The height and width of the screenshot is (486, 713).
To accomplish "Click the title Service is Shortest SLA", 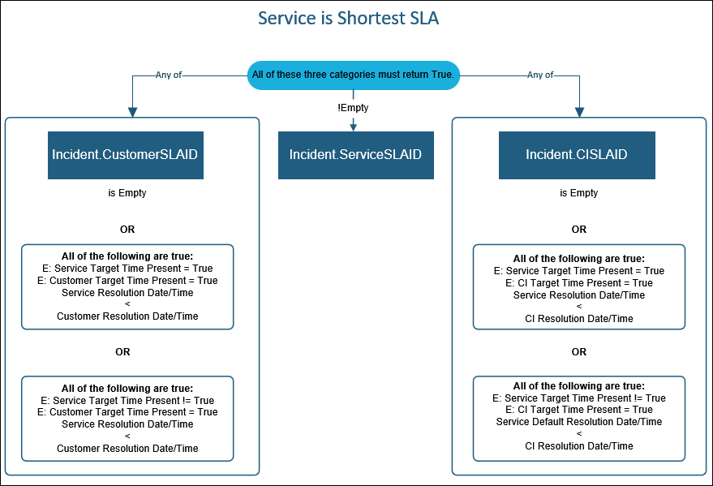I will [348, 18].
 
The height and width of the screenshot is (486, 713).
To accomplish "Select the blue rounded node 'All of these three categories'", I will [353, 75].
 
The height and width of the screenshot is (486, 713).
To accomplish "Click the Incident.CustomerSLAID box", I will [125, 154].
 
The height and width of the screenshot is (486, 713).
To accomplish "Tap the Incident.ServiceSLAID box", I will [355, 154].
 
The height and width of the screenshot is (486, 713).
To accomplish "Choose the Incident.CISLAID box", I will [577, 154].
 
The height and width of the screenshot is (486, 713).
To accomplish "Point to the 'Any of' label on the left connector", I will [169, 75].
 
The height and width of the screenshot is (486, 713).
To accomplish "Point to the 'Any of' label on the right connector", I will [540, 75].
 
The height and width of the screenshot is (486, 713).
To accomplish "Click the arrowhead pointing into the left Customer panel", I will [133, 111].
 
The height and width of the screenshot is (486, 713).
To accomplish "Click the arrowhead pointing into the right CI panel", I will [579, 111].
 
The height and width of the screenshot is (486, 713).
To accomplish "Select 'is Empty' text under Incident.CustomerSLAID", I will [127, 193].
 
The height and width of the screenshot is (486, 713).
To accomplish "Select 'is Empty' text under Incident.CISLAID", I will [579, 193].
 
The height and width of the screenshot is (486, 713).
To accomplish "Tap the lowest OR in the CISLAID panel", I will [578, 352].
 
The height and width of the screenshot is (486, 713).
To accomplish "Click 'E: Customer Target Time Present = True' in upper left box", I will [127, 281].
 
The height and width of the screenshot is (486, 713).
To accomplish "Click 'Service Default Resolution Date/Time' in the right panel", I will [579, 422].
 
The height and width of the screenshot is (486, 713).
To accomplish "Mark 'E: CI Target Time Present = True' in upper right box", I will [579, 283].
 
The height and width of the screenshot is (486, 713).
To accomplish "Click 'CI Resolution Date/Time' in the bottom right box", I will [579, 445].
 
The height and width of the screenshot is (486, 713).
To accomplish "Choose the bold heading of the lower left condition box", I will [127, 389].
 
